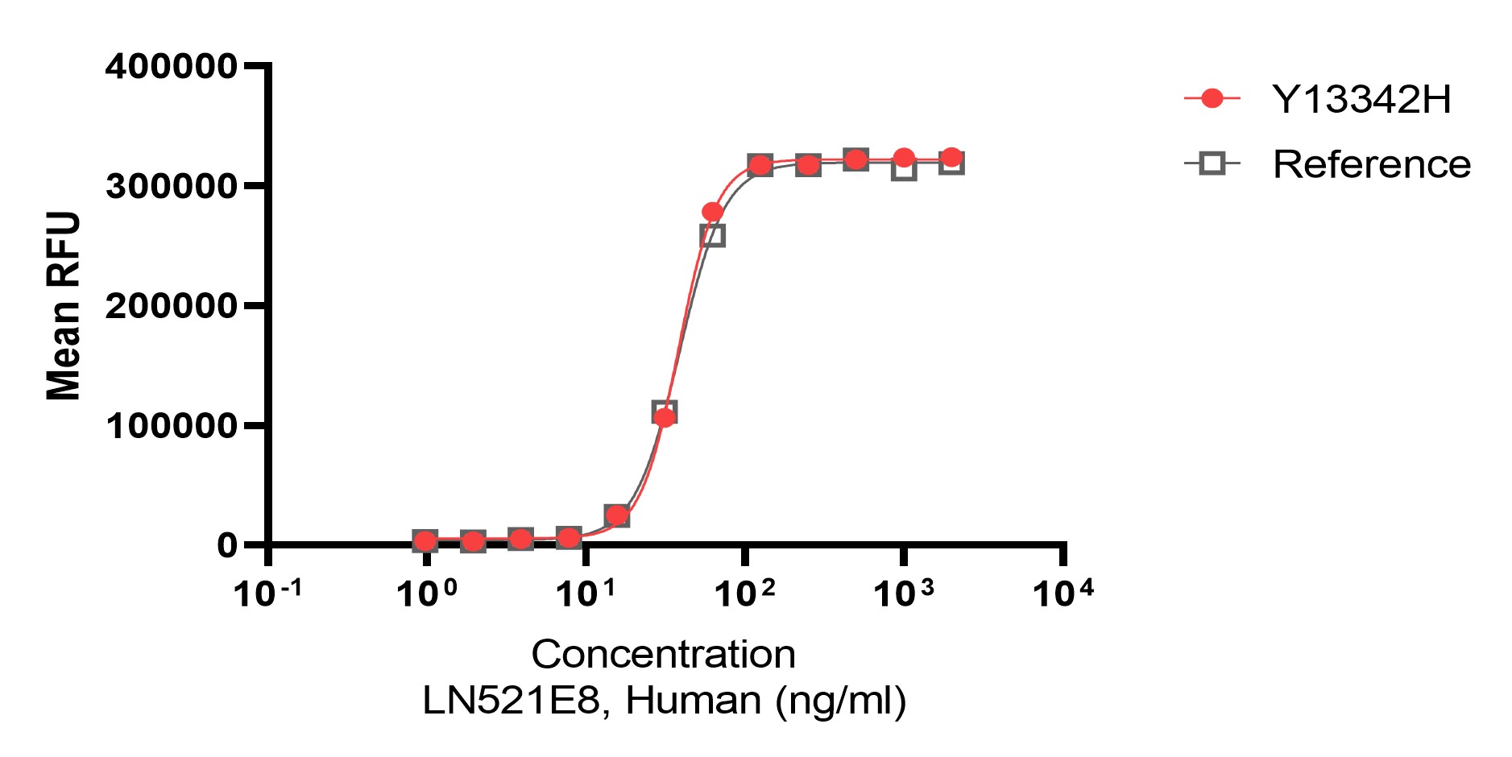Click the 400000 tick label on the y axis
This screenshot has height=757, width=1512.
pos(171,66)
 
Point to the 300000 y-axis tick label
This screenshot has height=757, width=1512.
pos(171,186)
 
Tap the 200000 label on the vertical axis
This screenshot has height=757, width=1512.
pos(171,306)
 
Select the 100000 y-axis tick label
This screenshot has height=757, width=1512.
pos(171,425)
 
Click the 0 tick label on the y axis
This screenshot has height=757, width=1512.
pos(227,545)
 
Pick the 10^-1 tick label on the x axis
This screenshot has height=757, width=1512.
pos(267,594)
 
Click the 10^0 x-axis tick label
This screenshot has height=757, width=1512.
pos(427,594)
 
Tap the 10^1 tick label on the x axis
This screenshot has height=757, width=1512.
pos(586,594)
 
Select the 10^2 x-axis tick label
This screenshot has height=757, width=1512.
pos(745,594)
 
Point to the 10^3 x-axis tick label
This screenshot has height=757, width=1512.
pos(904,594)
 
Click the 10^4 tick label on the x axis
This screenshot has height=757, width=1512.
pos(1063,594)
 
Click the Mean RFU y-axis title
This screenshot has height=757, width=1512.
pos(64,306)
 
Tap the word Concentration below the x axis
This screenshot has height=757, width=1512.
pos(663,654)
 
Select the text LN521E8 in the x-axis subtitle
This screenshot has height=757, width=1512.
pos(512,700)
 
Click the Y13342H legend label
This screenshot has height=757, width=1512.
pos(1361,99)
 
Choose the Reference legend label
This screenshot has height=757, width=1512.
pos(1371,164)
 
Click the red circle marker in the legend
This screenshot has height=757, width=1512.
pos(1212,98)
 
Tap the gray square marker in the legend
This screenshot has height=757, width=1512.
pos(1212,164)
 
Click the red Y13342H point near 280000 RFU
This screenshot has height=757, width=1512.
pos(712,212)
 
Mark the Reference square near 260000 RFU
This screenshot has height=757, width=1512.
pos(713,236)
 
